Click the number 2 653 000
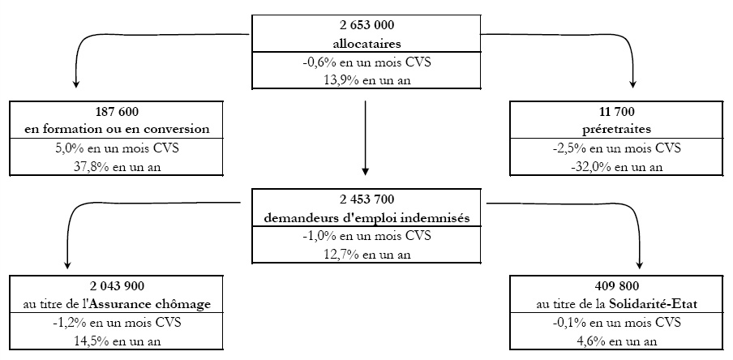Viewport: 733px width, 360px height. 367,25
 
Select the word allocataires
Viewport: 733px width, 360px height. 367,45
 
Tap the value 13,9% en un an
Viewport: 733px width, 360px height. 367,80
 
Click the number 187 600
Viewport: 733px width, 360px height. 117,112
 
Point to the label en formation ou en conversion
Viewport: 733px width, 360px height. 117,130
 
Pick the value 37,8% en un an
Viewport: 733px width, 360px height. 117,167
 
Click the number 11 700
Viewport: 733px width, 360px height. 616,112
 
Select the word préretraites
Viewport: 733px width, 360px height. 616,130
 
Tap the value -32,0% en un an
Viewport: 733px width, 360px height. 616,167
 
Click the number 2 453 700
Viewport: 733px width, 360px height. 367,199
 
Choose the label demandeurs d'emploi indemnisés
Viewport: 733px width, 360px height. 367,218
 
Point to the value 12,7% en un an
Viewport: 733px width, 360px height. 367,255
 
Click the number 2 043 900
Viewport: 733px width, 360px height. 117,285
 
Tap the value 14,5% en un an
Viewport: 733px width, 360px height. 117,341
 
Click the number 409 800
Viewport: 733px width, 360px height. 616,285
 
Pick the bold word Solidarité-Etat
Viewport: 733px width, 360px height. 653,304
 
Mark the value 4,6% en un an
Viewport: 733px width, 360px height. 616,341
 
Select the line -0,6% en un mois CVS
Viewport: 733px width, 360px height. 367,62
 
